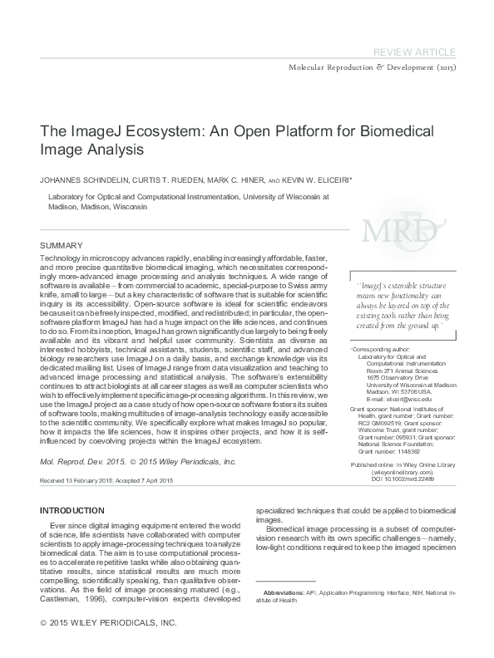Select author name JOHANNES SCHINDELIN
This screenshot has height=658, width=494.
[79, 179]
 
